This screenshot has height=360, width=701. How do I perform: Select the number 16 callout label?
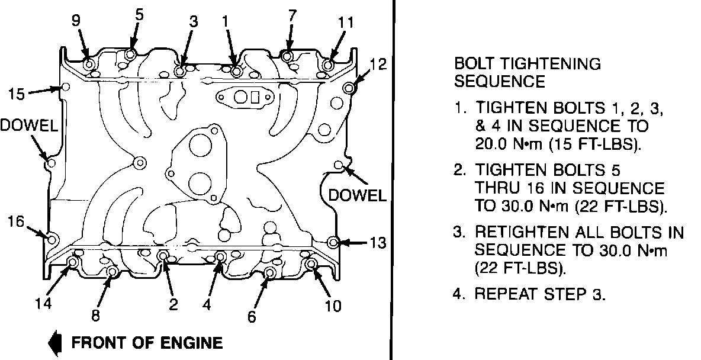[x=16, y=222]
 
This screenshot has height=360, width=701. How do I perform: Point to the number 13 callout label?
[x=378, y=242]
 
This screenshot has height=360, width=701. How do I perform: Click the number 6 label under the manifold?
[x=252, y=317]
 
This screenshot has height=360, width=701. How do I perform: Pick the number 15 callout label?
[x=17, y=93]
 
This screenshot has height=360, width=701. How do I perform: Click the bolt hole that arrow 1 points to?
[x=236, y=72]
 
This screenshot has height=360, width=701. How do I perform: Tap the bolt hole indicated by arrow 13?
[x=333, y=242]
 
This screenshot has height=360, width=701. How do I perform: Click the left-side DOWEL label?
[x=28, y=125]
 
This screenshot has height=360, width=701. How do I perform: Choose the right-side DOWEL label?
[x=357, y=194]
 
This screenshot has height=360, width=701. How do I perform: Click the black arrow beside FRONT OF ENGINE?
[x=56, y=342]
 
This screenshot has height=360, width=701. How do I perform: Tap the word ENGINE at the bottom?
[x=192, y=342]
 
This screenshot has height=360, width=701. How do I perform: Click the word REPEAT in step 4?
[x=503, y=294]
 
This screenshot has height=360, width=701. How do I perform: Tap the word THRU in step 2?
[x=495, y=189]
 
